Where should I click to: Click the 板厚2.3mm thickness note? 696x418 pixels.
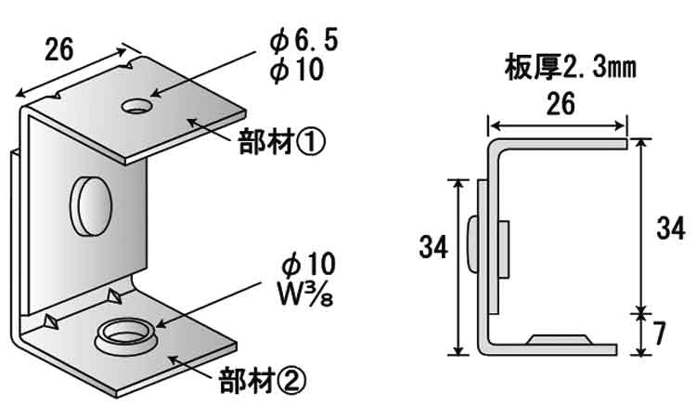[570, 67]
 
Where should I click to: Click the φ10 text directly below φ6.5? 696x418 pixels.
[296, 69]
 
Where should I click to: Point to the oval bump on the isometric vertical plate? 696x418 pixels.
[89, 204]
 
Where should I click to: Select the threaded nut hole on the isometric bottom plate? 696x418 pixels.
[122, 332]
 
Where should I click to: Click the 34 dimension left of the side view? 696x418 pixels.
[433, 246]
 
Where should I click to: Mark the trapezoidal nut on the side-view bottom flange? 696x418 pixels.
[558, 338]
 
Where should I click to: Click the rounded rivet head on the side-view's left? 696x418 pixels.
[472, 246]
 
